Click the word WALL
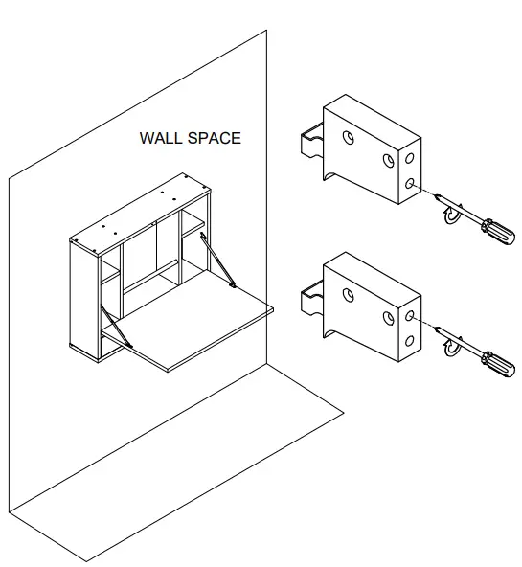[x=161, y=138]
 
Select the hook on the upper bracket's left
[x=309, y=145]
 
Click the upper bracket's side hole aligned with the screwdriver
[x=410, y=181]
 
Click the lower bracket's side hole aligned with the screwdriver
[x=410, y=313]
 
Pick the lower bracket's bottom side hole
[x=410, y=340]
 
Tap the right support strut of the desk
[x=218, y=258]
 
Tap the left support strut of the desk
[x=116, y=326]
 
